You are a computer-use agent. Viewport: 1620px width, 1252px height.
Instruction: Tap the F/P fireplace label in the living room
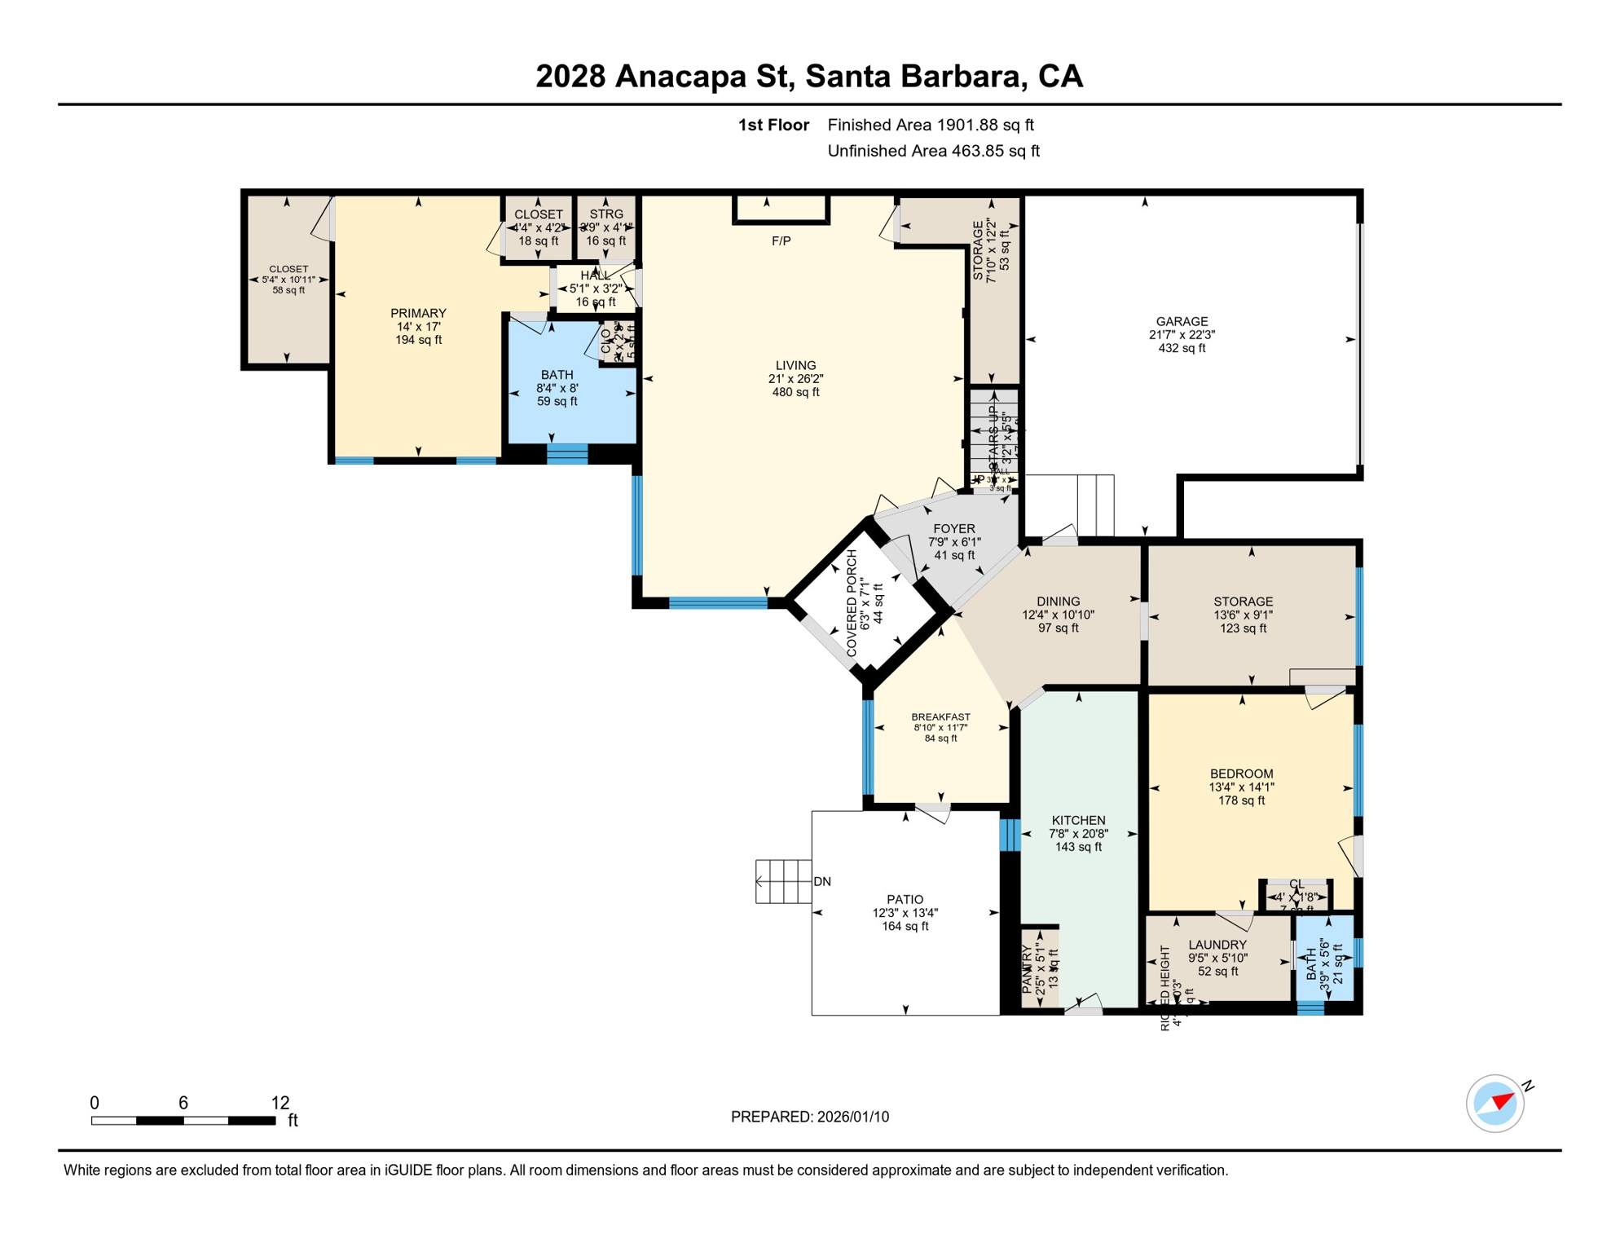point(781,241)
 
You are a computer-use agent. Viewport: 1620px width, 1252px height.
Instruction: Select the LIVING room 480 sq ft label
point(795,379)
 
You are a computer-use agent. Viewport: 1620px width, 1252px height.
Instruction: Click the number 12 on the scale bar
point(280,1103)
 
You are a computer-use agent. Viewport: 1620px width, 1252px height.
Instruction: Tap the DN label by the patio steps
point(822,882)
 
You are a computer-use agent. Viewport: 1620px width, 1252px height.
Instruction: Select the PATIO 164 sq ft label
point(905,913)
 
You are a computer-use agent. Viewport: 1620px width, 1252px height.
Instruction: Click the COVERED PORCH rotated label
point(852,603)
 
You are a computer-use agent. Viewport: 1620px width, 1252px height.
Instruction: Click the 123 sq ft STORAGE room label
point(1243,615)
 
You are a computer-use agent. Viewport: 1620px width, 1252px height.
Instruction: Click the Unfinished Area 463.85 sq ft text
point(933,151)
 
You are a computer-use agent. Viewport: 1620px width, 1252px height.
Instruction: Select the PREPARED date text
point(809,1117)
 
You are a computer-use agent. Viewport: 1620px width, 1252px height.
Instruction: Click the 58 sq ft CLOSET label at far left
point(288,280)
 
